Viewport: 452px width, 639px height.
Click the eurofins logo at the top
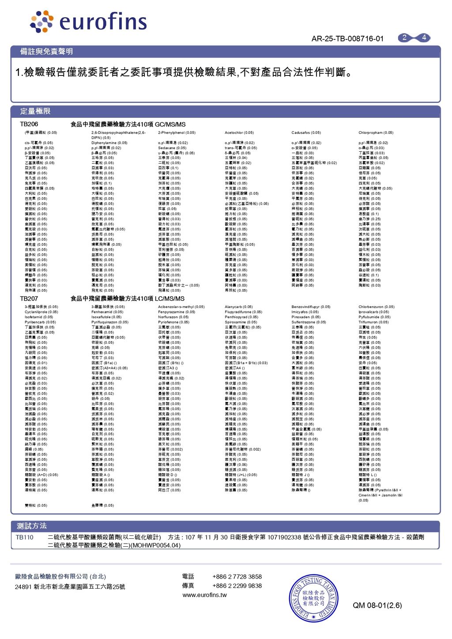pos(88,22)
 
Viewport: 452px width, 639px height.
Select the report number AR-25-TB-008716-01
pos(347,39)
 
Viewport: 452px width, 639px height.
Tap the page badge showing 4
pos(424,38)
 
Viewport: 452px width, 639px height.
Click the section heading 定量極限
pos(35,111)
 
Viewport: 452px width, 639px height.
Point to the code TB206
pos(29,124)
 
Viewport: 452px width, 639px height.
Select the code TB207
pos(29,299)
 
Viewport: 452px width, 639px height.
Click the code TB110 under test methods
pos(25,538)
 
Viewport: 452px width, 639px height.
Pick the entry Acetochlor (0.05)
pos(239,133)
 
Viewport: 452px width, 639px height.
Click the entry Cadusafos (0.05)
pos(306,133)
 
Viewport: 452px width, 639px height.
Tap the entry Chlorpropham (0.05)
pos(376,133)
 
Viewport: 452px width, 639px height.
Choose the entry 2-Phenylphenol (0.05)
pos(177,133)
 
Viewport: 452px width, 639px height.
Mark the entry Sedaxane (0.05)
pos(172,148)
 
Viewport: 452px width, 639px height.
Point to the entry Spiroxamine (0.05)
pos(241,322)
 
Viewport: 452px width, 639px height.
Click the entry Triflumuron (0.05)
pos(374,322)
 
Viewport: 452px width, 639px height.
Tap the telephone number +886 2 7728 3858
pos(237,577)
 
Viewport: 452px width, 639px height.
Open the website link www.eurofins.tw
pos(205,595)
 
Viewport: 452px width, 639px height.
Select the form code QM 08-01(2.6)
pos(377,605)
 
